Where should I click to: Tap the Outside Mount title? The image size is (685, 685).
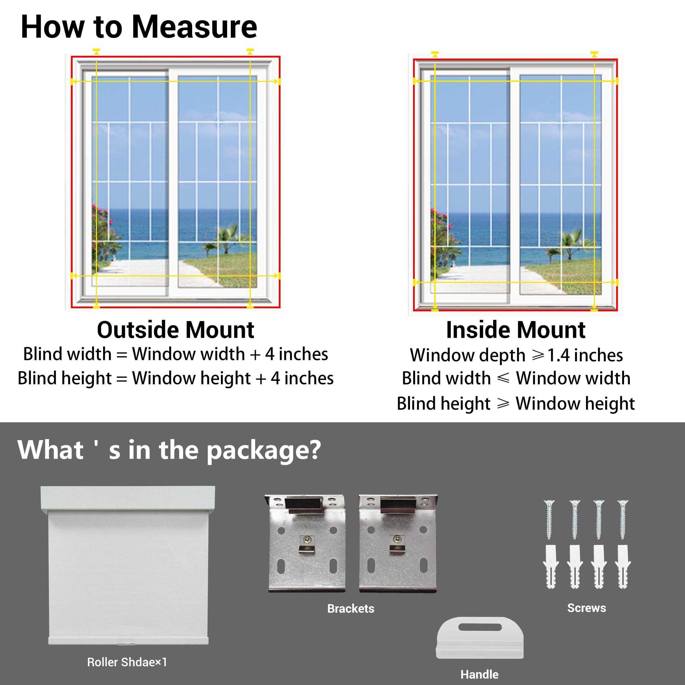pos(175,330)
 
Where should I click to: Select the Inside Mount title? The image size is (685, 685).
pos(515,330)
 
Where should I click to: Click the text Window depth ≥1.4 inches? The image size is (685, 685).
pos(516,355)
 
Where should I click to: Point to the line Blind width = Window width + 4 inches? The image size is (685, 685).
pos(175,354)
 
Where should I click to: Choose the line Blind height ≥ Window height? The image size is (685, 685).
pos(515,403)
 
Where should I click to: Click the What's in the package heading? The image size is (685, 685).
pos(169,450)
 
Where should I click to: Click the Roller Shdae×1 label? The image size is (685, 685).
pos(127,662)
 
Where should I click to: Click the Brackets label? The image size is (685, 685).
pos(350,608)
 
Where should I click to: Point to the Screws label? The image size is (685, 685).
pos(586,608)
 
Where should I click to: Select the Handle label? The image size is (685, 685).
pos(480,674)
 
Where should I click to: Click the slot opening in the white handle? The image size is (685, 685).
pos(480,627)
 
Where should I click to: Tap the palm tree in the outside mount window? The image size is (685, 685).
pos(227,238)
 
